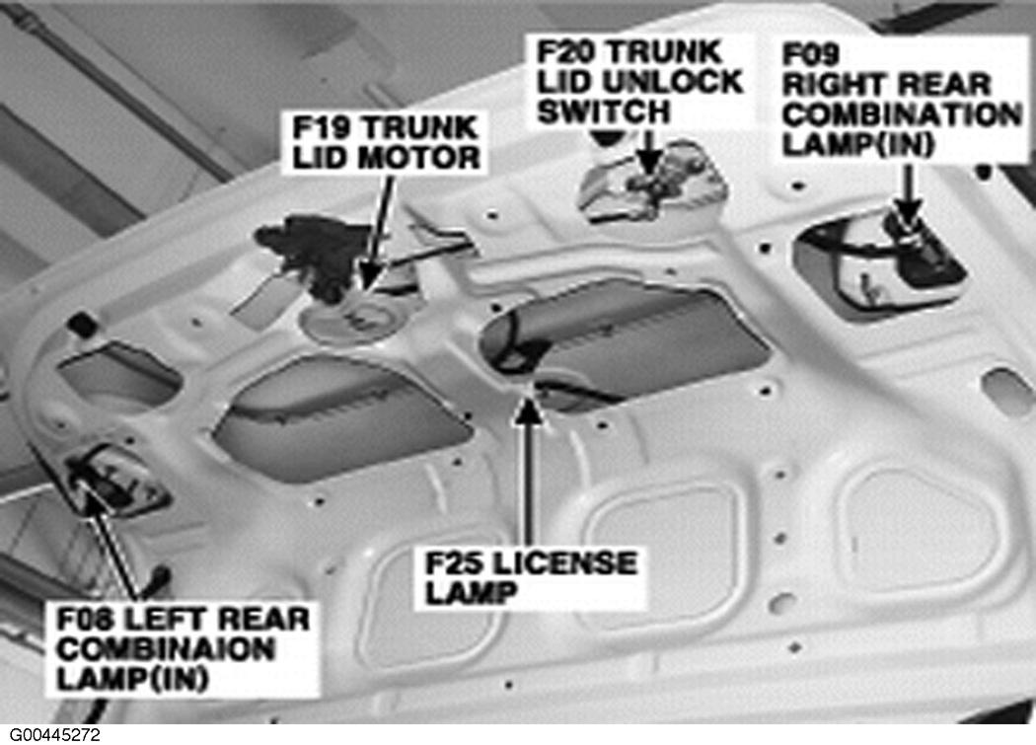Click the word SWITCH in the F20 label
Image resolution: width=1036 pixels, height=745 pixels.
(603, 111)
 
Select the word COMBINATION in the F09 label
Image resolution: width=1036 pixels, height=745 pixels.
(902, 114)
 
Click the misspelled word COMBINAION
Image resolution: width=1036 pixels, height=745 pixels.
(165, 649)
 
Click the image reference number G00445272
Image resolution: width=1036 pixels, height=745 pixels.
(55, 734)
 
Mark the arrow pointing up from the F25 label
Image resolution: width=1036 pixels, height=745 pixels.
(530, 472)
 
